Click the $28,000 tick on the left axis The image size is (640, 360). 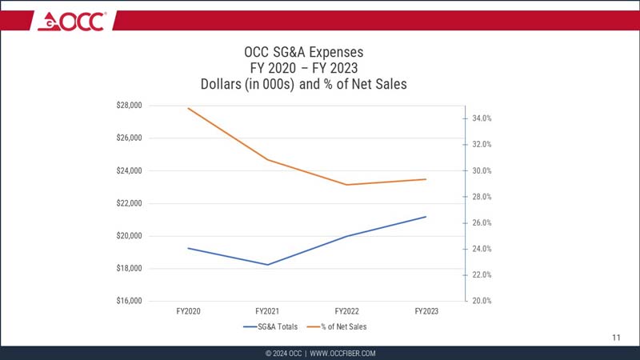click(x=129, y=105)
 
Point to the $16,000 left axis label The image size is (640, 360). click(x=129, y=301)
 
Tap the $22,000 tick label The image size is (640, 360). click(x=129, y=203)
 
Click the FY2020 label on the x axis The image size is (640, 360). click(x=187, y=310)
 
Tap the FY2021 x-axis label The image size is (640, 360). click(x=266, y=310)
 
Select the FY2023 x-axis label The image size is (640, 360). click(x=426, y=310)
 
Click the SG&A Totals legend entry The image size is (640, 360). click(x=275, y=326)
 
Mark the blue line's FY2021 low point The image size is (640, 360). click(x=267, y=265)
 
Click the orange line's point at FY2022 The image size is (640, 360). click(x=346, y=185)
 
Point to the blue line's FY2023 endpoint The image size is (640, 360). click(x=426, y=217)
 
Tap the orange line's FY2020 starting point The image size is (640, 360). click(x=188, y=108)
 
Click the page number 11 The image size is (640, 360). click(x=616, y=338)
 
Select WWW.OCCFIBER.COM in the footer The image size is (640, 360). click(x=342, y=353)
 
